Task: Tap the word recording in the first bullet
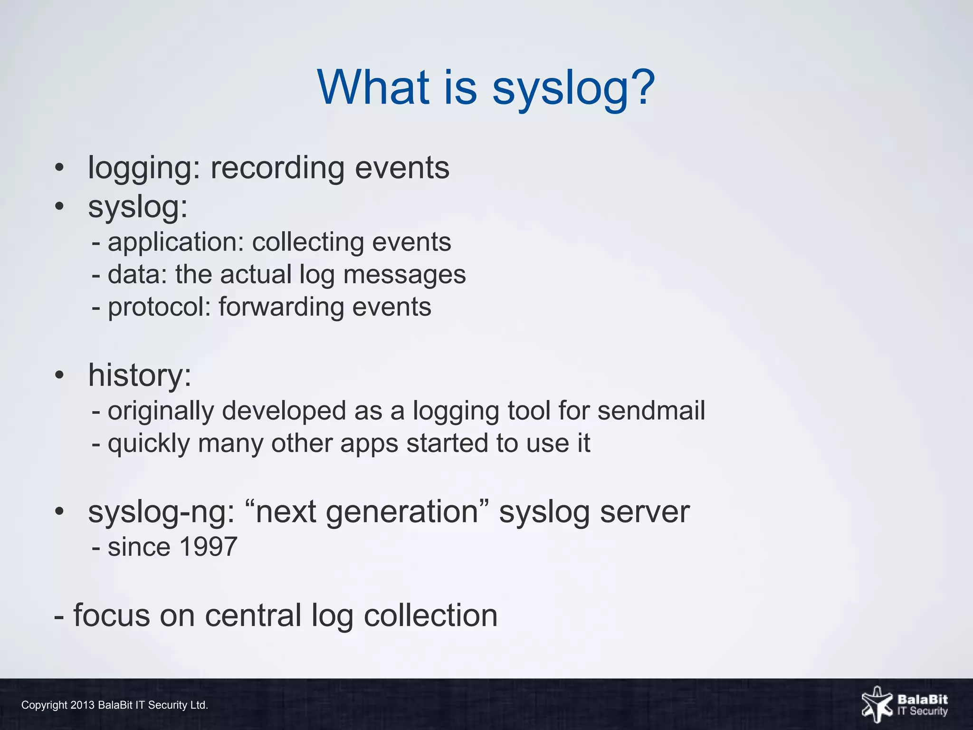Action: [x=277, y=168]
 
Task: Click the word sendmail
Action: [x=651, y=411]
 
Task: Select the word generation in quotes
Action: [x=367, y=512]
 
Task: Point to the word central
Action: [x=253, y=615]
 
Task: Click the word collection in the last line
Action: [x=430, y=615]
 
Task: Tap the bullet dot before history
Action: [x=59, y=375]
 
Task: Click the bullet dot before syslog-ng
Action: [x=59, y=512]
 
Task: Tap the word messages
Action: [x=404, y=275]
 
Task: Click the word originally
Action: [x=161, y=411]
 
